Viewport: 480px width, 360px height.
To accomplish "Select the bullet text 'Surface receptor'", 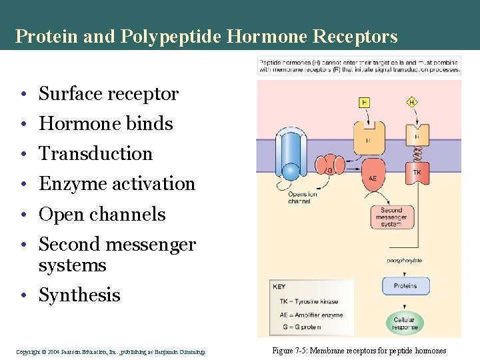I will pos(109,94).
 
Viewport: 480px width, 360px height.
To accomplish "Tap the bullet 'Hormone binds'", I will pos(106,124).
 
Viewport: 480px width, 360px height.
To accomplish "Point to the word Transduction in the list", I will pos(96,154).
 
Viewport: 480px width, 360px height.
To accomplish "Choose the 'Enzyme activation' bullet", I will pos(117,184).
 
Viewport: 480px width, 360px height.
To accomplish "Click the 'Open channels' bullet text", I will pos(102,215).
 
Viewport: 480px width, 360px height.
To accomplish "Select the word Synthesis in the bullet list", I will pos(79,295).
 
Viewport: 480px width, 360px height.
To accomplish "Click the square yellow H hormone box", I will pos(365,102).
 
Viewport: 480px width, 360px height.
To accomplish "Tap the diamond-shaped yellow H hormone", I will pos(412,102).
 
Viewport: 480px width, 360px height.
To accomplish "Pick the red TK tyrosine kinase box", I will pos(417,173).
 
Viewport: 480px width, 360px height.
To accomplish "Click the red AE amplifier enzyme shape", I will pos(373,176).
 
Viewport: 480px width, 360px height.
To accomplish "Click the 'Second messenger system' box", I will pos(391,217).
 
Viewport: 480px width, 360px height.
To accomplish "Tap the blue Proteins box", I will pos(405,285).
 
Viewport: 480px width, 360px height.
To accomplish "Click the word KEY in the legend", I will pos(279,287).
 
